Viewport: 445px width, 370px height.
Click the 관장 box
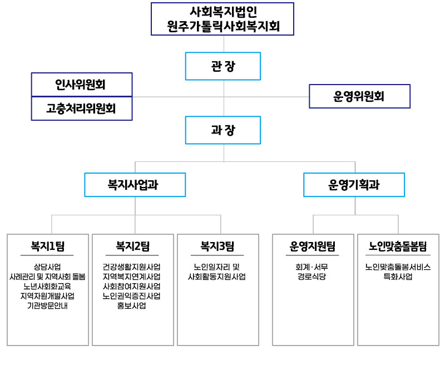pyautogui.click(x=223, y=66)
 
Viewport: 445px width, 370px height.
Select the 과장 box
pyautogui.click(x=223, y=130)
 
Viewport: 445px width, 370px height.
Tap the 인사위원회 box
pyautogui.click(x=82, y=85)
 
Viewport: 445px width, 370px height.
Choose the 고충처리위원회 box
pyautogui.click(x=82, y=108)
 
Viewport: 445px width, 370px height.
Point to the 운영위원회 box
pyautogui.click(x=359, y=96)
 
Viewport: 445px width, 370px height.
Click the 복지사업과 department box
pyautogui.click(x=135, y=185)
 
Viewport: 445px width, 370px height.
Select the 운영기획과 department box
pyautogui.click(x=354, y=185)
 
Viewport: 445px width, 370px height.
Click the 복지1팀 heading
pyautogui.click(x=47, y=246)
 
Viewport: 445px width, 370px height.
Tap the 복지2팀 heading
pyautogui.click(x=132, y=246)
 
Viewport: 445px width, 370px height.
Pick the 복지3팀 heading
pyautogui.click(x=217, y=246)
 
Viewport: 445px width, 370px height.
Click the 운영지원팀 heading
pyautogui.click(x=313, y=246)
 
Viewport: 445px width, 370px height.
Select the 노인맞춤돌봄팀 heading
pyautogui.click(x=398, y=246)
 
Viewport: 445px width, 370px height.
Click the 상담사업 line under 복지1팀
pyautogui.click(x=47, y=267)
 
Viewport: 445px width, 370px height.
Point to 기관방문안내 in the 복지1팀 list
pyautogui.click(x=47, y=305)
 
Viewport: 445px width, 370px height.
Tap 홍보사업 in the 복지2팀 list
pyautogui.click(x=132, y=305)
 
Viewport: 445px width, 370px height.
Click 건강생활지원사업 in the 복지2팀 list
pyautogui.click(x=132, y=267)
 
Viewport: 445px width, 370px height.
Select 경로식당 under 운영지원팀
pyautogui.click(x=312, y=277)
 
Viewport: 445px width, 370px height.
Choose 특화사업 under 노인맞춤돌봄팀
pyautogui.click(x=398, y=277)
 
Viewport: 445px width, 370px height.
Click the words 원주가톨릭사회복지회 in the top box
pyautogui.click(x=224, y=26)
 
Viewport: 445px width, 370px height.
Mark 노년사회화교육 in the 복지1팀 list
pyautogui.click(x=47, y=286)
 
